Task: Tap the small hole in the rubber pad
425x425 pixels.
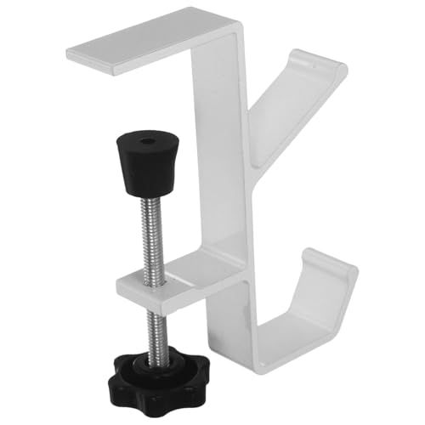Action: point(150,138)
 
